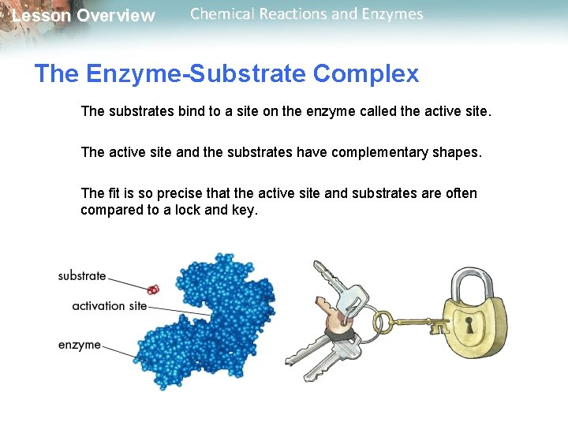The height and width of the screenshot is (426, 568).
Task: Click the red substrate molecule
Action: [x=153, y=290]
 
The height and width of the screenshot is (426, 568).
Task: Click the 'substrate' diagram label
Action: [x=81, y=276]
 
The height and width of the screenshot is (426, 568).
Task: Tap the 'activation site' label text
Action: [x=109, y=306]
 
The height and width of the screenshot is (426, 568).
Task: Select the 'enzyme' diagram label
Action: [x=79, y=345]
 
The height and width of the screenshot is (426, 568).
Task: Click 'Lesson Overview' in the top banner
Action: [x=83, y=16]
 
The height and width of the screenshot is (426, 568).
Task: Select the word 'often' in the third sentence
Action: [x=460, y=193]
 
